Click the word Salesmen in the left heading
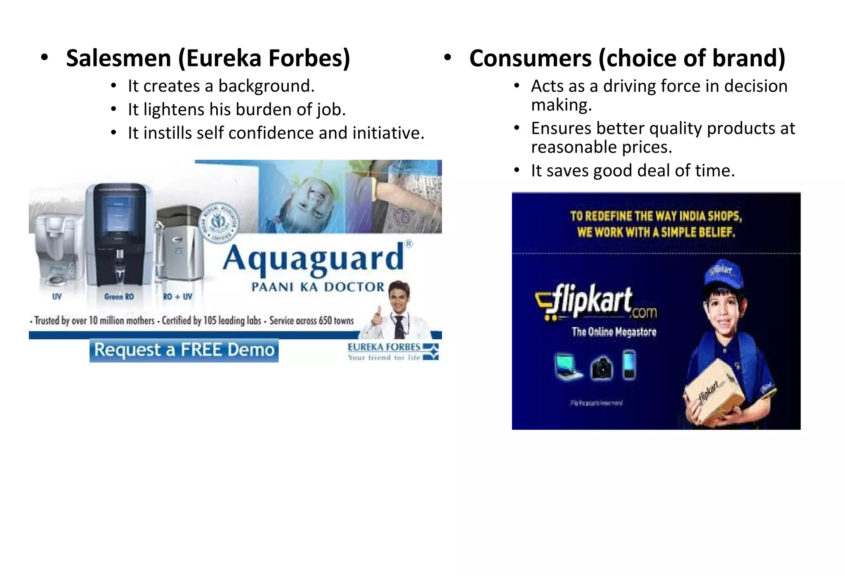click(x=118, y=58)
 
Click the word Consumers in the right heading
click(x=530, y=58)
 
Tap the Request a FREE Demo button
click(x=184, y=350)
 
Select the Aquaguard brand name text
click(x=313, y=259)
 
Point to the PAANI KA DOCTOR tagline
click(x=318, y=287)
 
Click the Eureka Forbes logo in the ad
click(x=392, y=352)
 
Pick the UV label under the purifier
click(x=57, y=296)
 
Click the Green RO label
click(x=119, y=296)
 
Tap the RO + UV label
click(x=177, y=296)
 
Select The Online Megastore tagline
click(x=614, y=332)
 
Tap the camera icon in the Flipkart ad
click(x=602, y=367)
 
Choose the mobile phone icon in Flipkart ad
click(x=629, y=364)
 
